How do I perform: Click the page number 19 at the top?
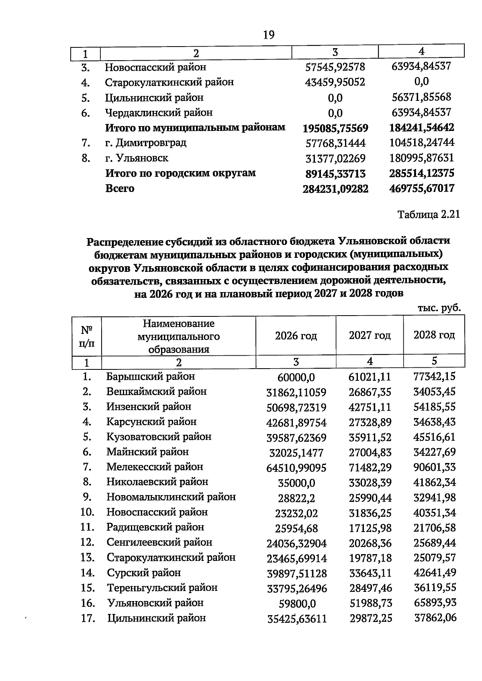[x=269, y=35]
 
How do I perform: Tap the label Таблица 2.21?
[x=429, y=214]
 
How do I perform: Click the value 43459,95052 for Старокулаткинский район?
[x=335, y=82]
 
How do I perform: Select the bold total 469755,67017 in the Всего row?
[x=422, y=188]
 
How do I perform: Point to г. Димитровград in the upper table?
[x=145, y=143]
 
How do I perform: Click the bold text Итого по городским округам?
[x=180, y=173]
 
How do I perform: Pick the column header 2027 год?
[x=370, y=335]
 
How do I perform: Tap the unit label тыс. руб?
[x=439, y=308]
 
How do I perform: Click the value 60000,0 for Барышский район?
[x=296, y=377]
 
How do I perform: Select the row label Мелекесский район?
[x=155, y=467]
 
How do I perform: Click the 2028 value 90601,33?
[x=435, y=467]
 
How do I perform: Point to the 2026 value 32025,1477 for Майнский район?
[x=296, y=453]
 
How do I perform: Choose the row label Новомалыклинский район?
[x=171, y=497]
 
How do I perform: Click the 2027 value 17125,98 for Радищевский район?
[x=370, y=528]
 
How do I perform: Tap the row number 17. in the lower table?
[x=88, y=618]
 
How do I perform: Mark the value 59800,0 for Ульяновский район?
[x=297, y=604]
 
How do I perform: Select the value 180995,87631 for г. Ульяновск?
[x=422, y=158]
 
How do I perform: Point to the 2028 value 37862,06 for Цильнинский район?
[x=435, y=618]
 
